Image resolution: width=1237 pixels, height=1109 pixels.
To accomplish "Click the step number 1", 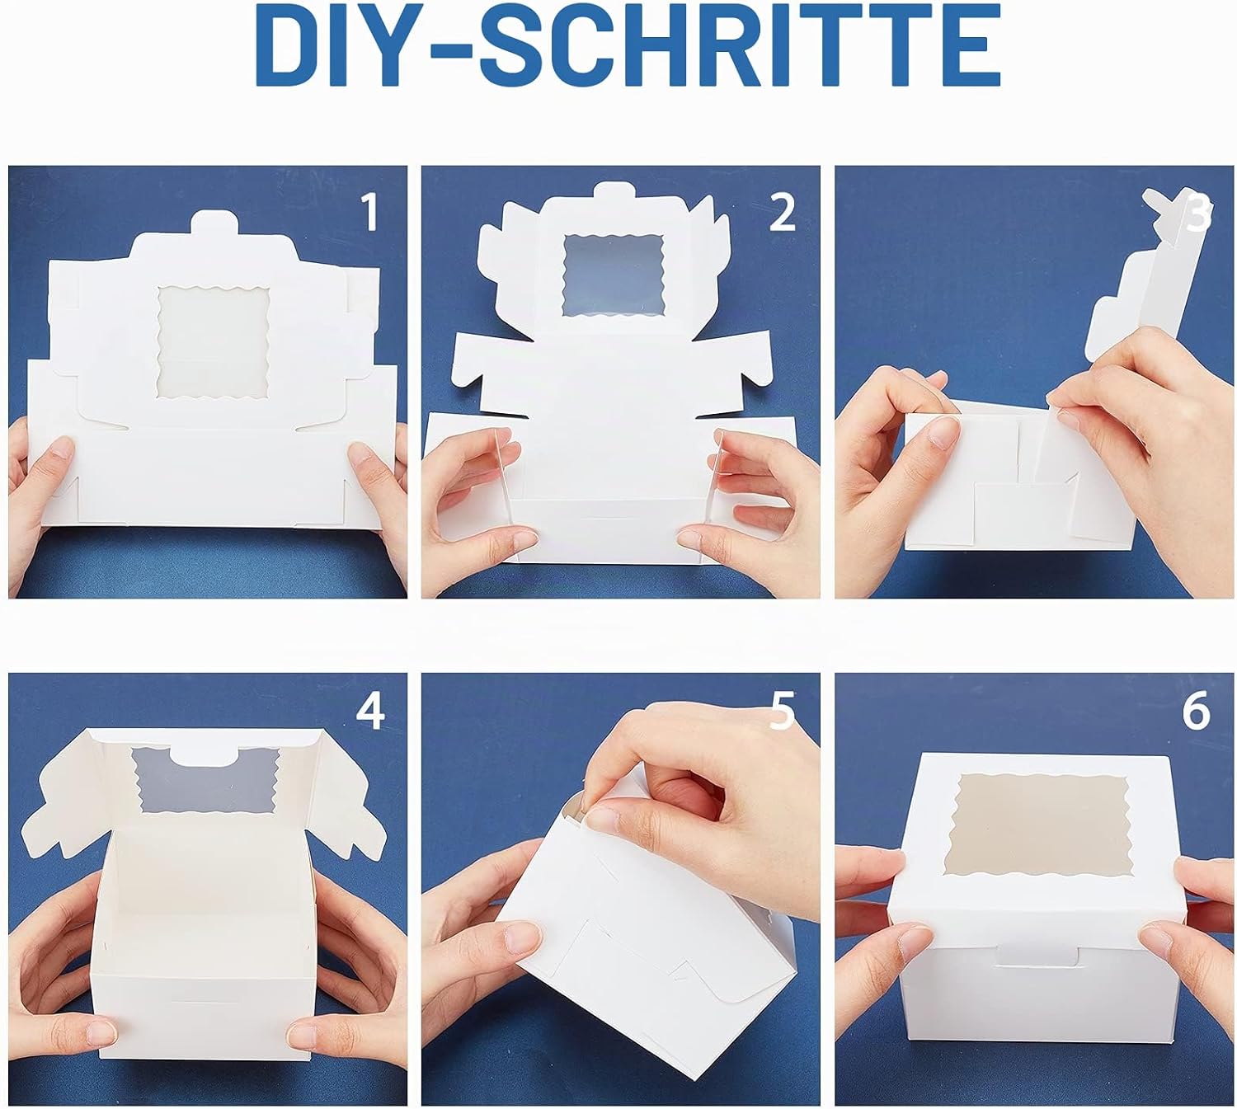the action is point(370,212).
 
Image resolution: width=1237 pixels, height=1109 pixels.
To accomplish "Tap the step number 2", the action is point(782,212).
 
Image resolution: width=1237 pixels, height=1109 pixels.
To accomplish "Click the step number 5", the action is point(782,711).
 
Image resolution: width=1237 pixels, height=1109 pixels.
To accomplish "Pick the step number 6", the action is point(1196,711).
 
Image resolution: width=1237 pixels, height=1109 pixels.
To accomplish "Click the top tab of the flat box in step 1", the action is point(213,223).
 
